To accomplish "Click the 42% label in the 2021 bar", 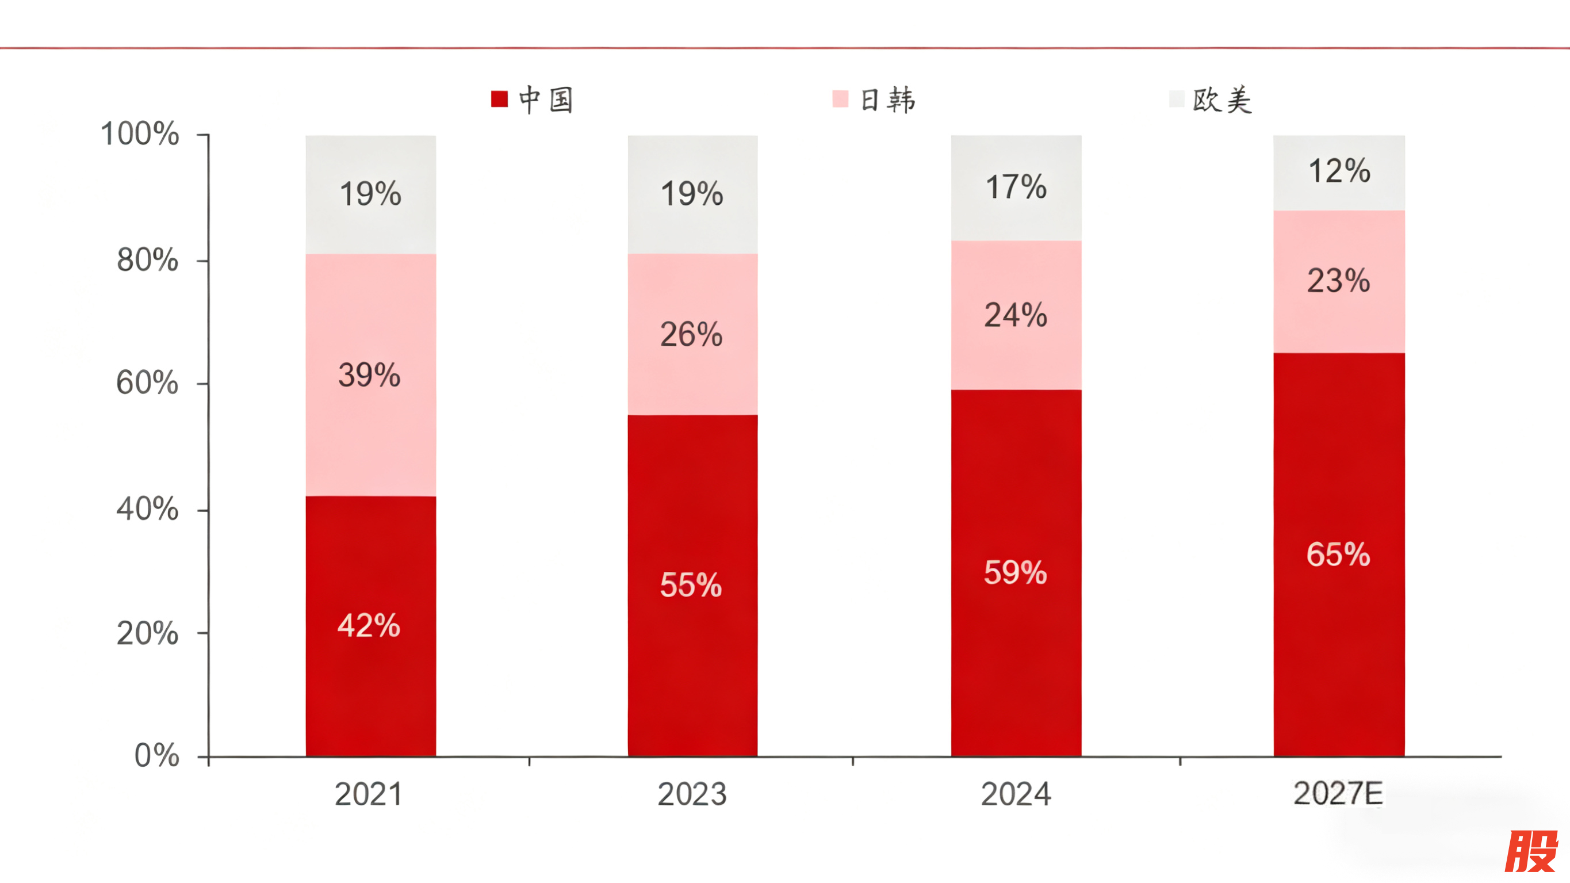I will point(369,626).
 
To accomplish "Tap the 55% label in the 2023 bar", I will point(691,585).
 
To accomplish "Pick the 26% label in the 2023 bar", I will point(691,334).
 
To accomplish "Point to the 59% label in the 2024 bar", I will point(1015,572).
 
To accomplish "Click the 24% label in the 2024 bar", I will point(1016,315).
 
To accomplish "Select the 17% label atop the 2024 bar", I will point(1016,186).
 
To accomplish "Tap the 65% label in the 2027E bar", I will point(1338,555).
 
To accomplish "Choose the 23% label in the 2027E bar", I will point(1338,281).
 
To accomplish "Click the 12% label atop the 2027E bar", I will point(1339,171).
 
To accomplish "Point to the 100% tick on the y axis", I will point(140,133).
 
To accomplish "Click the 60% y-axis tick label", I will point(147,383).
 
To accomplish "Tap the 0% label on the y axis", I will point(156,755).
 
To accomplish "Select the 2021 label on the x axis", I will point(369,794).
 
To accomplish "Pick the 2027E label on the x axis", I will point(1338,794).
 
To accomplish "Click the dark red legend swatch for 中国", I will point(499,99).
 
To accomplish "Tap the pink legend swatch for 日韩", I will point(840,99).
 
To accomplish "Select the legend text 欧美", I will point(1222,100).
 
